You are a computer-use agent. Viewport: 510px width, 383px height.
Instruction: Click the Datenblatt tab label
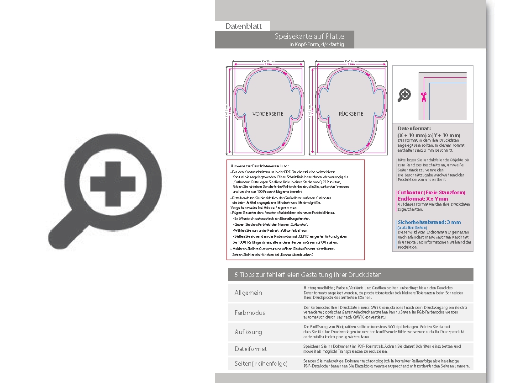(243, 27)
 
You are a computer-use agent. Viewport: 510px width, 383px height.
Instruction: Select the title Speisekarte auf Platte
(309, 36)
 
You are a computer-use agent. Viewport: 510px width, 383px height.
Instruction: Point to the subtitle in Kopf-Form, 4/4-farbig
(316, 44)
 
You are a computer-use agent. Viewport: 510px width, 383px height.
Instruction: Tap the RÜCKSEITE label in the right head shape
(351, 113)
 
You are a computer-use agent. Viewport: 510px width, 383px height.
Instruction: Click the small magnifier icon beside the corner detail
(405, 95)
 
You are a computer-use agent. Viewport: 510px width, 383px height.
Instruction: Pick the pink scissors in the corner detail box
(423, 96)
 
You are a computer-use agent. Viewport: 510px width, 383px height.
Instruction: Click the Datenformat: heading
(414, 129)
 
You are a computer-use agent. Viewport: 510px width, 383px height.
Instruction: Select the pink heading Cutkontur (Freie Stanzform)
(431, 192)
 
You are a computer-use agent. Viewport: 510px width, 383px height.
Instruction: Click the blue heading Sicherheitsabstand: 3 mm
(429, 222)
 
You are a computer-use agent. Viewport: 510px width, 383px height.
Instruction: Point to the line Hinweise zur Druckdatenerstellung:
(260, 165)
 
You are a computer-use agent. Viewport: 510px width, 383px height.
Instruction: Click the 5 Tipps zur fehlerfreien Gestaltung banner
(308, 275)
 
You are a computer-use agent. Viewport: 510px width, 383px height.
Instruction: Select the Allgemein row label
(248, 293)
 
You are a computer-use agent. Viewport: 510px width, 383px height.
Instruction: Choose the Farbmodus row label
(250, 313)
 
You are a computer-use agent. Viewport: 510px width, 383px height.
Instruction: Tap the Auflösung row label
(248, 332)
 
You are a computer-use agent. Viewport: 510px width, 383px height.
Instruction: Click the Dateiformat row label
(251, 349)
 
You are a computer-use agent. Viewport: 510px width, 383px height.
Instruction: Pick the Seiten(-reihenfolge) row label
(261, 364)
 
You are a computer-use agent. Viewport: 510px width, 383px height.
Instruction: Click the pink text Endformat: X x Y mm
(423, 199)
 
